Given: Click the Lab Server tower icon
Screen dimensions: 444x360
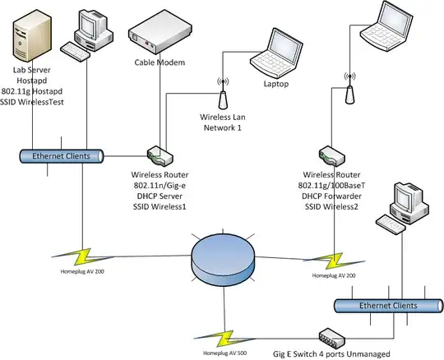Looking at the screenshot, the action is [32, 36].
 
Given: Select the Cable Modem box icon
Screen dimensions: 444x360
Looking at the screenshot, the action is [160, 32].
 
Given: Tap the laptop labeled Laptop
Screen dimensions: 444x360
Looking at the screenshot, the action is [276, 53].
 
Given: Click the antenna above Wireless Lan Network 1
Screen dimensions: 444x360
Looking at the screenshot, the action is [223, 94].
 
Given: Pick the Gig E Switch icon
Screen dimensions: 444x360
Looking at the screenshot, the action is [332, 338].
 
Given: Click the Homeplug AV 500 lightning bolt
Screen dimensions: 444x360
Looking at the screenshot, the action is [224, 339].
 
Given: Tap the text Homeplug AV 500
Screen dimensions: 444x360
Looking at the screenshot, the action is [224, 353].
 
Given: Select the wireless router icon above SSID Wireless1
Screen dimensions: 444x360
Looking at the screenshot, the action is [160, 155].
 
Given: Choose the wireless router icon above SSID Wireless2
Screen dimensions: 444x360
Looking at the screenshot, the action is [332, 156].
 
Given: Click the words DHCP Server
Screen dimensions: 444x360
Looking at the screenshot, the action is [160, 196].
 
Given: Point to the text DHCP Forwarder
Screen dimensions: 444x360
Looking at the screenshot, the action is [331, 196].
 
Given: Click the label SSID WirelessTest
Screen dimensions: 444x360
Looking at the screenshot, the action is [32, 102].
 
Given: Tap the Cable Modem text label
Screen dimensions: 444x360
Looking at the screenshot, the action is [160, 62].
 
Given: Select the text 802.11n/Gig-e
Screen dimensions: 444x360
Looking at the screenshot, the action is [160, 186].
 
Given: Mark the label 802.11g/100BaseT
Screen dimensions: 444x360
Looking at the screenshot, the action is [331, 186].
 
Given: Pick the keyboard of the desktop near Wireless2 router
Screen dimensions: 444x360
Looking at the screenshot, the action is [391, 224].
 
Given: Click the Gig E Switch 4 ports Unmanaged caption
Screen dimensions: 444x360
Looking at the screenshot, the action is [331, 353].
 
